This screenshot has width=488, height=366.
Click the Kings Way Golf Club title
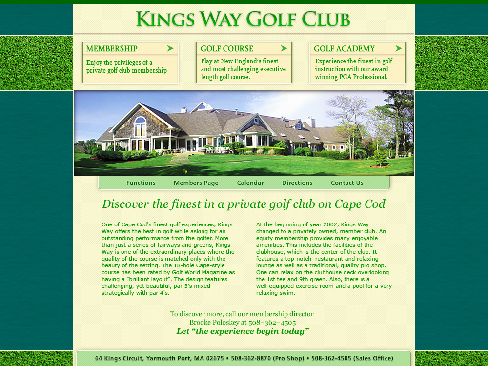click(x=243, y=19)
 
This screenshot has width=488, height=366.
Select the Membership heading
click(x=112, y=48)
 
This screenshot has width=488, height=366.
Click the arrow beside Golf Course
click(x=284, y=48)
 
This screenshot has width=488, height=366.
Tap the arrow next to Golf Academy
click(x=399, y=48)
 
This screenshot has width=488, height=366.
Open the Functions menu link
click(x=141, y=183)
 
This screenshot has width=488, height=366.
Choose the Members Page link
click(x=196, y=183)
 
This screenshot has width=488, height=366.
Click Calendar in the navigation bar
click(x=250, y=183)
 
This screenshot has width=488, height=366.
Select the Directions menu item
click(x=297, y=183)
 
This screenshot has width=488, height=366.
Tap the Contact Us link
click(x=347, y=183)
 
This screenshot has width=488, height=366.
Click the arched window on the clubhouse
click(x=140, y=127)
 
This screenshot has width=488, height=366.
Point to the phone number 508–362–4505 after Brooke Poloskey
click(x=272, y=323)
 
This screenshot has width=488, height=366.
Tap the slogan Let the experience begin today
click(x=243, y=331)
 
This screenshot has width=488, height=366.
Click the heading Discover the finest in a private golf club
click(x=244, y=204)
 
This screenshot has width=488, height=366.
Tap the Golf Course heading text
click(x=227, y=48)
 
